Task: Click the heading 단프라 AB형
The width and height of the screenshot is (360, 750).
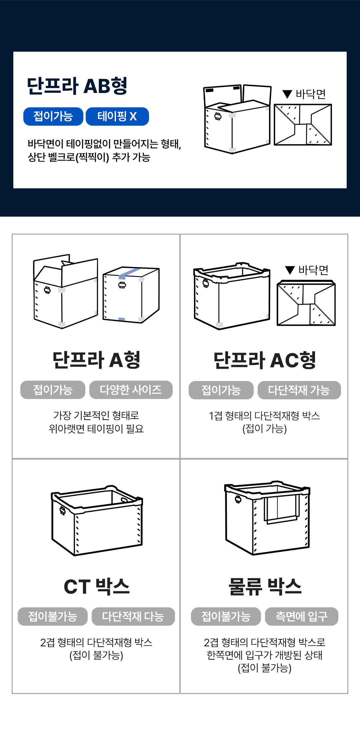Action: [x=77, y=86]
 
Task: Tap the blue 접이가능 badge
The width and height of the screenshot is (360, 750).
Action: [x=53, y=116]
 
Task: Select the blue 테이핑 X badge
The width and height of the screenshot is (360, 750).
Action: [x=117, y=116]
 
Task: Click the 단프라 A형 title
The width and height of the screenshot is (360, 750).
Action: [x=96, y=360]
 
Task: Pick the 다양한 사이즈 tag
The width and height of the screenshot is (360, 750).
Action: [x=131, y=390]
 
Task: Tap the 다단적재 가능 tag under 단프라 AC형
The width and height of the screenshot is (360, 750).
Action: [x=299, y=390]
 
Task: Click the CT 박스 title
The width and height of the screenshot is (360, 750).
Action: [x=97, y=586]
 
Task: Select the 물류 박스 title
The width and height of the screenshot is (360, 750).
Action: [x=265, y=586]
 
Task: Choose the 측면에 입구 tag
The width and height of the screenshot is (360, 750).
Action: [x=302, y=617]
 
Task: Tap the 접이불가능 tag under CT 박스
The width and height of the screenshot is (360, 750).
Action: [x=53, y=617]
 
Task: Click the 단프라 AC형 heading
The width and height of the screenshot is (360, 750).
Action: [x=265, y=360]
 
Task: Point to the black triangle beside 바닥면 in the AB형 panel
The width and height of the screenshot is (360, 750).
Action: [x=287, y=94]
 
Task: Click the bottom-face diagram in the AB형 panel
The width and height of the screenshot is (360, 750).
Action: [x=303, y=125]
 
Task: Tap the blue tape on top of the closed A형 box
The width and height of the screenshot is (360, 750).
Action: [x=129, y=273]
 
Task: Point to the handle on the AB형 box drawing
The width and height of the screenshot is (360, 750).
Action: [x=218, y=116]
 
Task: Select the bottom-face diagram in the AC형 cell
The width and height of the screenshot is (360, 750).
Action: [x=306, y=303]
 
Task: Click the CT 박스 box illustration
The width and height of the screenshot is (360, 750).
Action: [x=97, y=520]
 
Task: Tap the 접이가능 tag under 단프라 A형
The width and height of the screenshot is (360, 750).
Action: [x=53, y=390]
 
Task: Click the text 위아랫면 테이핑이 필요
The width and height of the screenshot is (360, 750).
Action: [x=96, y=429]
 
